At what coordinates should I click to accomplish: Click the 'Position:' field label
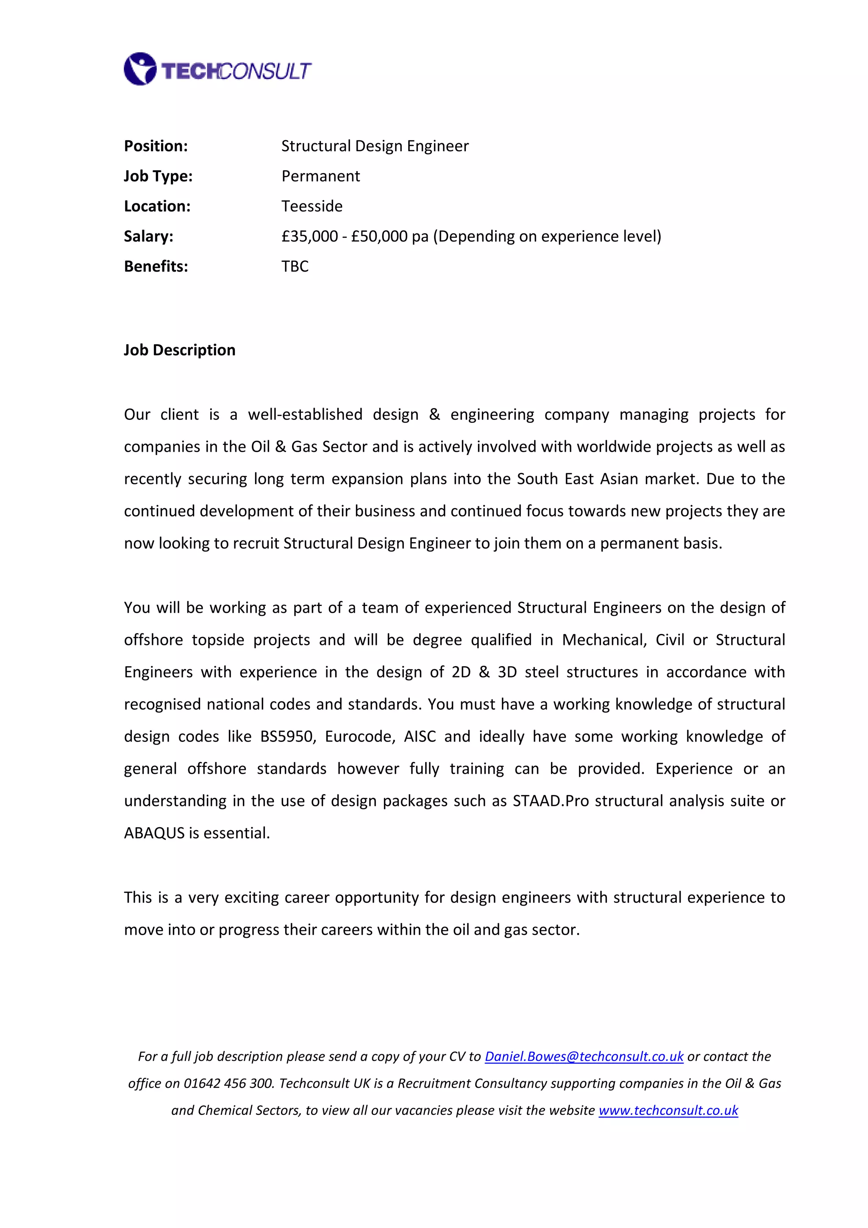tap(156, 146)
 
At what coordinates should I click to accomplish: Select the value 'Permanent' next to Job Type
tap(320, 176)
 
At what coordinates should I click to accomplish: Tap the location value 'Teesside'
tap(312, 206)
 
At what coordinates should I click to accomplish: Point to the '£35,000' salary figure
tap(310, 236)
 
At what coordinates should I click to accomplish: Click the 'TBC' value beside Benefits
tap(295, 267)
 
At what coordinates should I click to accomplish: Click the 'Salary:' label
tap(148, 236)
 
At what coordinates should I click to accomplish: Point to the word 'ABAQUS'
tap(154, 833)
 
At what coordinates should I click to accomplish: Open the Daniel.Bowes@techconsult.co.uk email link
tap(584, 1056)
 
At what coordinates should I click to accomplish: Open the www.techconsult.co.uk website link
tap(668, 1110)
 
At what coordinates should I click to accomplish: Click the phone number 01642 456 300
tap(228, 1083)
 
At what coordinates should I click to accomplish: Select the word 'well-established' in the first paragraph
tap(305, 414)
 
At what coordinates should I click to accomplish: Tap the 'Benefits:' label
tap(156, 267)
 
